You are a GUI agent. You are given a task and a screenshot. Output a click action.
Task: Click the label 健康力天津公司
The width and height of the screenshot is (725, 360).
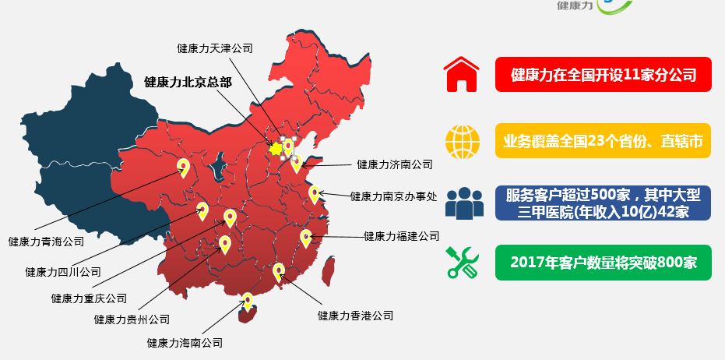click(215, 48)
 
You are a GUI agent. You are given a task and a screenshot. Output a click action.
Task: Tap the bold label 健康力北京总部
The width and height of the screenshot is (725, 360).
click(188, 81)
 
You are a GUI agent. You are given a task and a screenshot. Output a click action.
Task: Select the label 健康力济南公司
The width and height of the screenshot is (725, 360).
click(394, 164)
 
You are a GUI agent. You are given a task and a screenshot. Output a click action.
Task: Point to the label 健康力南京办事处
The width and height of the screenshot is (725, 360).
click(393, 196)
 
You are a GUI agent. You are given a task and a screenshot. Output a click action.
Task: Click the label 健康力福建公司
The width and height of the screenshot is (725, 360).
click(401, 235)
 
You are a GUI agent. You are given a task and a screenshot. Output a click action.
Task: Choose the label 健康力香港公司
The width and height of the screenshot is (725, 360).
click(355, 316)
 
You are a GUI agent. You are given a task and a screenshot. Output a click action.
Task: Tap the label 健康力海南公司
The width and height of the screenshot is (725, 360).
click(185, 342)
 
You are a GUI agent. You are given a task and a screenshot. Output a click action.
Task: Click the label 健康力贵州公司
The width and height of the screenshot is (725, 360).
click(132, 319)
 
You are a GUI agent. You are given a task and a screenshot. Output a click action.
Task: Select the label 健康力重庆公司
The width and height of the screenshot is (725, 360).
click(89, 298)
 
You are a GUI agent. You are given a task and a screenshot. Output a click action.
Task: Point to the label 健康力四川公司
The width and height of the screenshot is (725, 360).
click(63, 272)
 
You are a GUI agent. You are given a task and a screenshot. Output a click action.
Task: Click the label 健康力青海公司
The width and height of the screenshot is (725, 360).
click(46, 242)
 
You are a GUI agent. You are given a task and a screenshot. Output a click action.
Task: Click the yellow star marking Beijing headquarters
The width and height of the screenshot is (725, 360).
click(275, 147)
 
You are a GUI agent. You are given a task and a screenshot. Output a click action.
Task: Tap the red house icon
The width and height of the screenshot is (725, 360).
click(461, 76)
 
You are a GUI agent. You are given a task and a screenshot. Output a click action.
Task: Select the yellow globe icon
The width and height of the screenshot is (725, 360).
click(463, 141)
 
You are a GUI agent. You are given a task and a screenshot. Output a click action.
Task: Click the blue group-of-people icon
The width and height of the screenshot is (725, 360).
click(464, 203)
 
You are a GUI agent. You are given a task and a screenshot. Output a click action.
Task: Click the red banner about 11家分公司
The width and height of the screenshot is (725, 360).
click(603, 75)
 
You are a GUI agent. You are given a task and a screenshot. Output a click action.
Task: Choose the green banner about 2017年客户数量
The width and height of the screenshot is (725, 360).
click(603, 263)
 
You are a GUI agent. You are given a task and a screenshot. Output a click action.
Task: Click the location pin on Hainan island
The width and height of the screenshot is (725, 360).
click(248, 302)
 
